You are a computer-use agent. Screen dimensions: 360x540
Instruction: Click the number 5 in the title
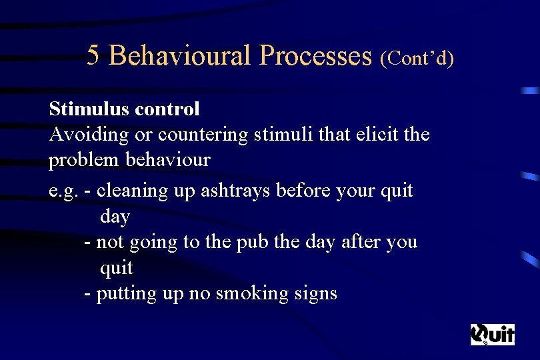93,56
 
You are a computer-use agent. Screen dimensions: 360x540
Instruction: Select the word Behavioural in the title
179,56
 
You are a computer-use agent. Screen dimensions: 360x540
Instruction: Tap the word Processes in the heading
315,56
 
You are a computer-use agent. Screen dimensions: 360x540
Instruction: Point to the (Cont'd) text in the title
417,58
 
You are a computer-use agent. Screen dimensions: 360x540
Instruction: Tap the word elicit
369,135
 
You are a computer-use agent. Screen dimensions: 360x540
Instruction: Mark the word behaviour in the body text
169,161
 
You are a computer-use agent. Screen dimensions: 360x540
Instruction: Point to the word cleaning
131,191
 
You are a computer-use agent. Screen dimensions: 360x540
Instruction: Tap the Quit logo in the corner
493,334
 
